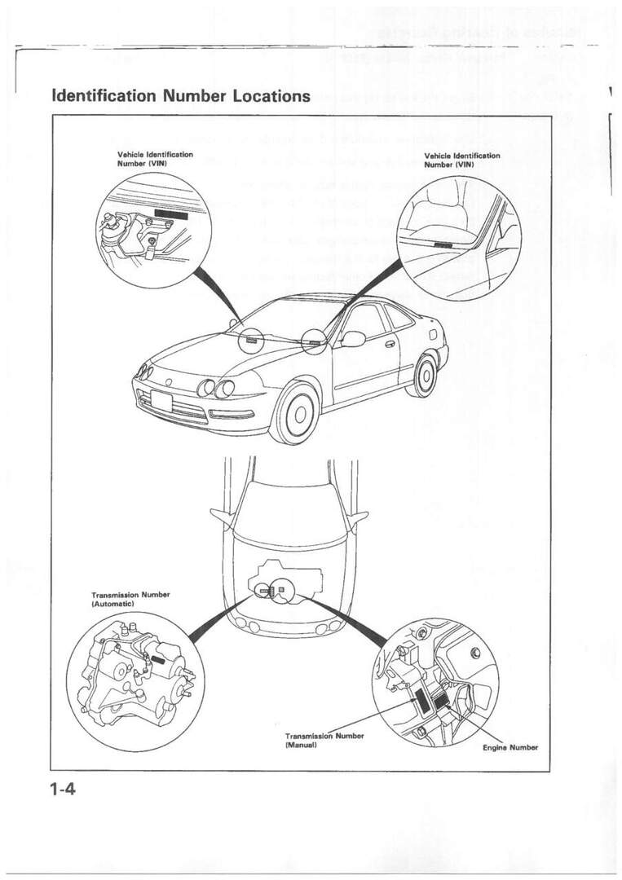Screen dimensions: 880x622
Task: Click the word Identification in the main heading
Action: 104,95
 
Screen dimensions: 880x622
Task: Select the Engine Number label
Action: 510,746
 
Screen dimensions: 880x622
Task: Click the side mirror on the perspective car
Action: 353,338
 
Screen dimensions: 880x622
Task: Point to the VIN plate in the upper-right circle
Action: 444,244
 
